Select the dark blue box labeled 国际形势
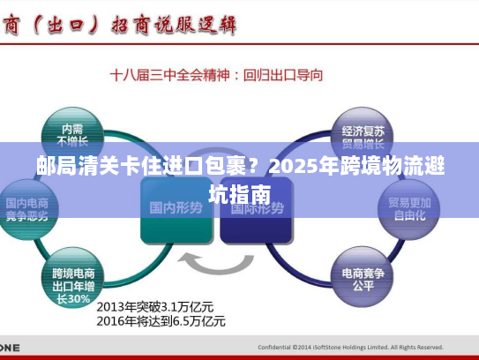click(x=257, y=209)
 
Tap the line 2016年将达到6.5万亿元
click(x=161, y=321)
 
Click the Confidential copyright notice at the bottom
click(x=350, y=347)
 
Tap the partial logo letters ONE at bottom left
click(x=9, y=347)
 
